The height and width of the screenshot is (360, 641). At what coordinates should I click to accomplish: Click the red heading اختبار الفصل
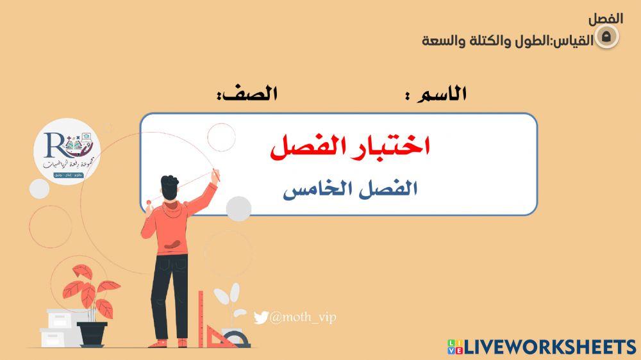pyautogui.click(x=349, y=147)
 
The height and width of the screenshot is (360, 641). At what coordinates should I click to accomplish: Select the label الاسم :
pyautogui.click(x=436, y=95)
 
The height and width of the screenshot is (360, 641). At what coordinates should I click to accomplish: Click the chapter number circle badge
pyautogui.click(x=608, y=37)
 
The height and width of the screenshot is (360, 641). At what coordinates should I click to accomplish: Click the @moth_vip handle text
pyautogui.click(x=303, y=317)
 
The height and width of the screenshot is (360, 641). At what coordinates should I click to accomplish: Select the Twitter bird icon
pyautogui.click(x=260, y=318)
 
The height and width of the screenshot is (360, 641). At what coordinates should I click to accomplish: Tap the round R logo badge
pyautogui.click(x=67, y=154)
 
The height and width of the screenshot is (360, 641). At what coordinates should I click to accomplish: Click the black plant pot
pyautogui.click(x=92, y=332)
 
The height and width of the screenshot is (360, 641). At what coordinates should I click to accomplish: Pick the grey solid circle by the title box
pyautogui.click(x=239, y=208)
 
